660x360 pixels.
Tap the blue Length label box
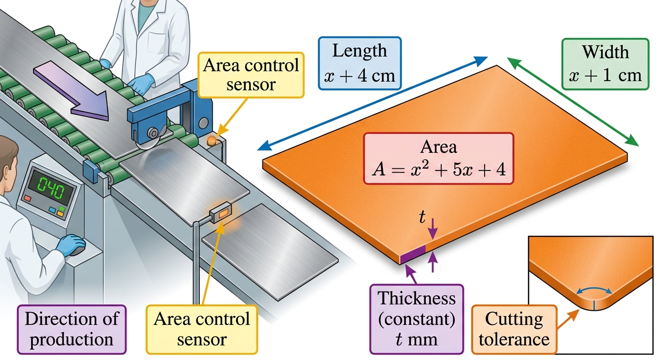[360, 63]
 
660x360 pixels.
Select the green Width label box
[606, 64]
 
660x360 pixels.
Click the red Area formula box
[439, 158]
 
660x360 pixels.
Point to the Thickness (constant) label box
[417, 319]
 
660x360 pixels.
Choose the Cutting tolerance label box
[514, 329]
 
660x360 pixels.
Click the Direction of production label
[72, 329]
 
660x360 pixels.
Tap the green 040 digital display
[51, 188]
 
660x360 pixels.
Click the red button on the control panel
[27, 198]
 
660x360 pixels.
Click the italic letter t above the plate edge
[422, 217]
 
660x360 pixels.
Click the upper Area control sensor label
[251, 75]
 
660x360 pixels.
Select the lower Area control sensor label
[202, 329]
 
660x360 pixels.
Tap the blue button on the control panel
[52, 210]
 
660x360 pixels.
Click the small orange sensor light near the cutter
[211, 141]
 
